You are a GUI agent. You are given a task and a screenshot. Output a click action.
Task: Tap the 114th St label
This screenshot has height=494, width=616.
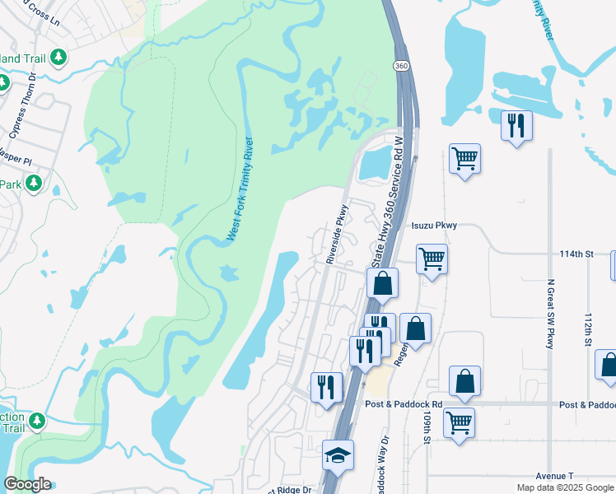[x=576, y=254]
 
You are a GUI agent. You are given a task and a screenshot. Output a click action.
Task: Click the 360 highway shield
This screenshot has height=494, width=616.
[x=401, y=66]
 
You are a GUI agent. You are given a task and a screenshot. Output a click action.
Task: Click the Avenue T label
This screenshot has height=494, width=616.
[x=553, y=476]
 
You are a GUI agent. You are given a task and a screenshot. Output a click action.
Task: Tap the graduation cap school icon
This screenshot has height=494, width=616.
[x=337, y=454]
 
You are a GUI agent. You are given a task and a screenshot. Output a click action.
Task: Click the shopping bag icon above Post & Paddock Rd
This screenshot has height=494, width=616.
[x=465, y=380]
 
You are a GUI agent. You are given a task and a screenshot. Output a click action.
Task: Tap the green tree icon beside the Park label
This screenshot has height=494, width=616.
[x=34, y=183]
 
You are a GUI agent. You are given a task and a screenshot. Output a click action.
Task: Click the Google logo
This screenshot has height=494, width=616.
[x=27, y=484]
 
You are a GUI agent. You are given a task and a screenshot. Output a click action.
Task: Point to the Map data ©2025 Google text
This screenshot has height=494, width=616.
[x=564, y=487]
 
